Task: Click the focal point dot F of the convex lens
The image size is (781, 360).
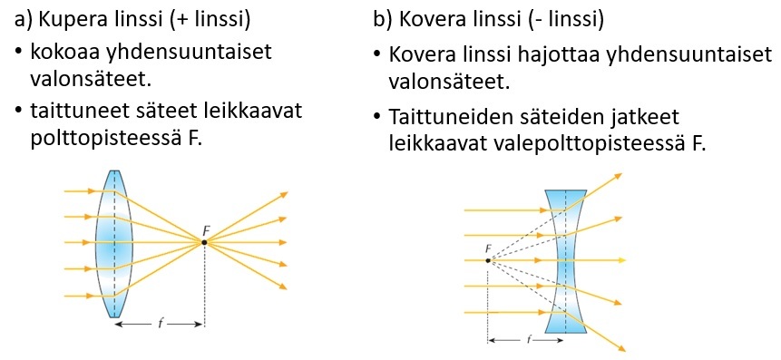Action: (x=204, y=242)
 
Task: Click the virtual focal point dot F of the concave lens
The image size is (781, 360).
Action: (x=488, y=260)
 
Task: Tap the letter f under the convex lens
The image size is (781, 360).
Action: (x=160, y=324)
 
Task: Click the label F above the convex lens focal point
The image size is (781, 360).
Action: (x=206, y=230)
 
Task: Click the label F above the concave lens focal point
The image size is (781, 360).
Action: (x=488, y=248)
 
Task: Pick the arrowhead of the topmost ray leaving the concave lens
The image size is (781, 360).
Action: (x=618, y=175)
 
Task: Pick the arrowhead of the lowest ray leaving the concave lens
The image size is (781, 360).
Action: (x=621, y=348)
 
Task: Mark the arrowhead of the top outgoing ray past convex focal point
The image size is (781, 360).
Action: (x=284, y=194)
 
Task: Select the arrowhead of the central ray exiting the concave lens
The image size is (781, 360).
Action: (x=621, y=260)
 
